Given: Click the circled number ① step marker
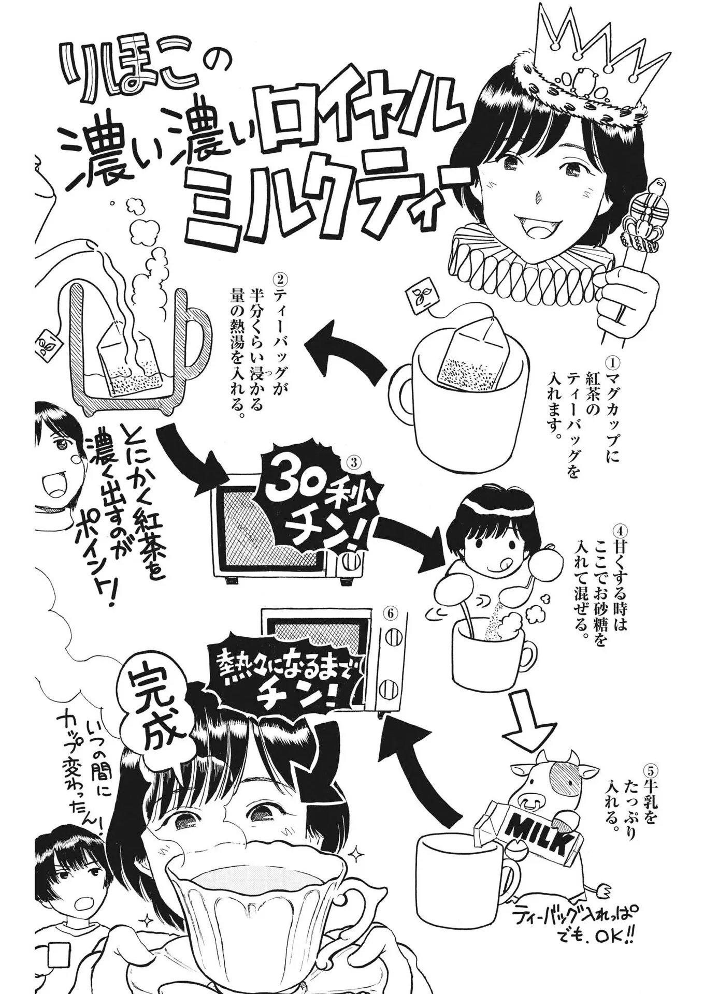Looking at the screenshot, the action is [613, 359].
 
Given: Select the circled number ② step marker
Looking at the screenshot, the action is [280, 280].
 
